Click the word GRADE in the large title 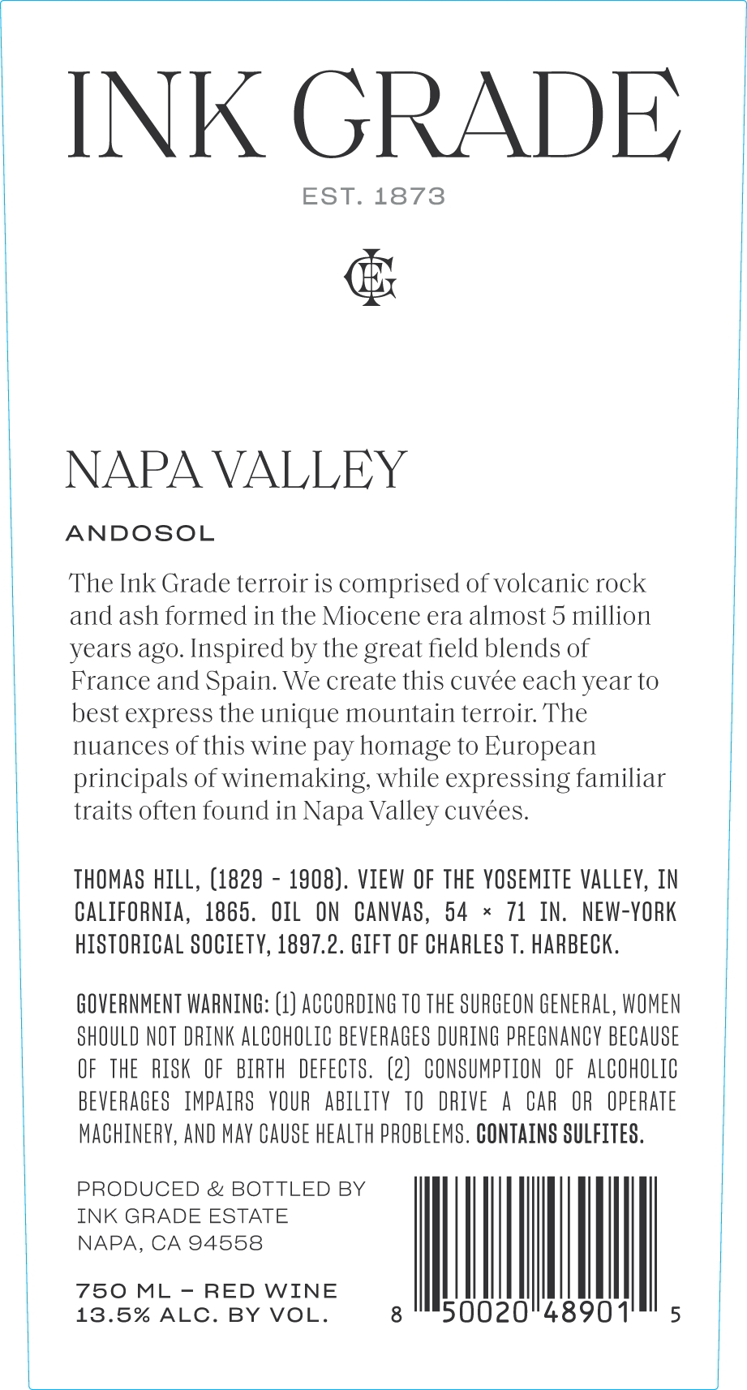coord(486,114)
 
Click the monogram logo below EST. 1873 coord(371,277)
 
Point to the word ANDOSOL coord(140,534)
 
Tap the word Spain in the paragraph coord(241,681)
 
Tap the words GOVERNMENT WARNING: coord(172,1005)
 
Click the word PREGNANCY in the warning coord(554,1037)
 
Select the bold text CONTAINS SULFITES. coord(560,1134)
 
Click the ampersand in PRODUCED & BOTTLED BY coord(215,1190)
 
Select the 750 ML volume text coord(122,1291)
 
